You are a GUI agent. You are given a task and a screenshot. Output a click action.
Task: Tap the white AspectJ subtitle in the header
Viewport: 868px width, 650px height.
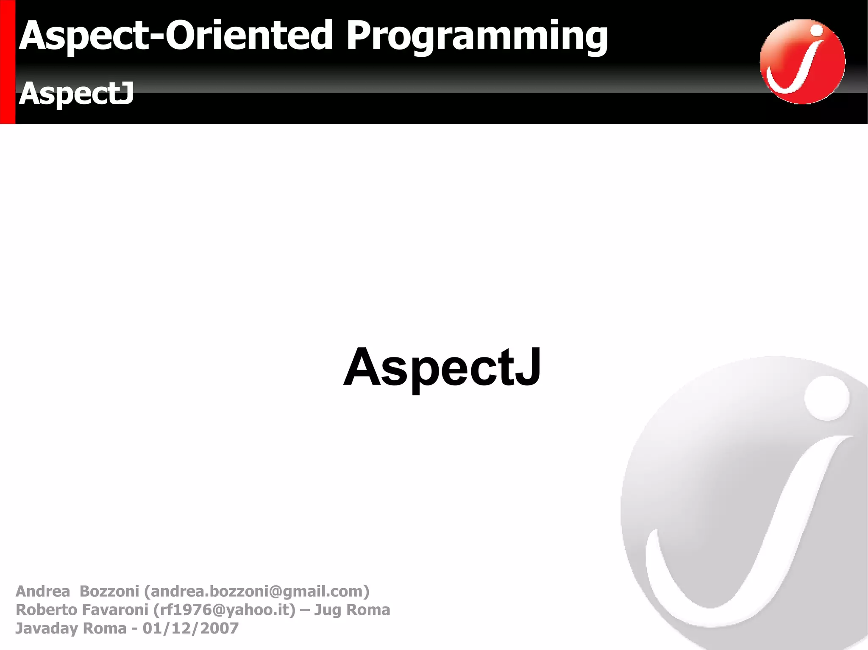click(x=76, y=93)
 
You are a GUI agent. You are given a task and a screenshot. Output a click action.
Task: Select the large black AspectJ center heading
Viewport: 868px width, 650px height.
click(x=442, y=368)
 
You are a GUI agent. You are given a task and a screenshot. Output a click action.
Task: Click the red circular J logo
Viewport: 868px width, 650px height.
click(x=802, y=62)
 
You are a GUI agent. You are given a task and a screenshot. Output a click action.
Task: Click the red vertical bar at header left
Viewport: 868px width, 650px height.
click(x=8, y=62)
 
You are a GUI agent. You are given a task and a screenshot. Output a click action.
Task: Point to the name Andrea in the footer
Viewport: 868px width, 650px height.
click(x=42, y=591)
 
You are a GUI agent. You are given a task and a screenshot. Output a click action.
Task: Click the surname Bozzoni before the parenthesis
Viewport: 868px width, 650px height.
click(x=109, y=591)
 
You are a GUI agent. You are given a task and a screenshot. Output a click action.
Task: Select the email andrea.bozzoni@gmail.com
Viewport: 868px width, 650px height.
click(x=257, y=591)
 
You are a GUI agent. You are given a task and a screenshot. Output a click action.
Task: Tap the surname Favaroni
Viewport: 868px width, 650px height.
click(x=114, y=610)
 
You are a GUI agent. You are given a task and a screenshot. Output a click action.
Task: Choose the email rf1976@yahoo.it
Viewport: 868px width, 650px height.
click(x=224, y=610)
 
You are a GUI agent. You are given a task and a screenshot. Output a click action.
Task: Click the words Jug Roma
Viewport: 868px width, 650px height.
click(x=352, y=610)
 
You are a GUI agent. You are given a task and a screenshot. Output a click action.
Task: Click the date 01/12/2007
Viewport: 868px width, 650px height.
click(x=190, y=628)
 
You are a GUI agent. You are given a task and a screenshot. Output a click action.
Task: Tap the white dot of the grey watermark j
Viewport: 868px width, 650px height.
click(x=826, y=398)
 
